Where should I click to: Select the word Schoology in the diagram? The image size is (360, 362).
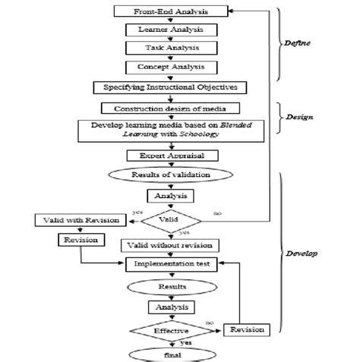click(204, 134)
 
